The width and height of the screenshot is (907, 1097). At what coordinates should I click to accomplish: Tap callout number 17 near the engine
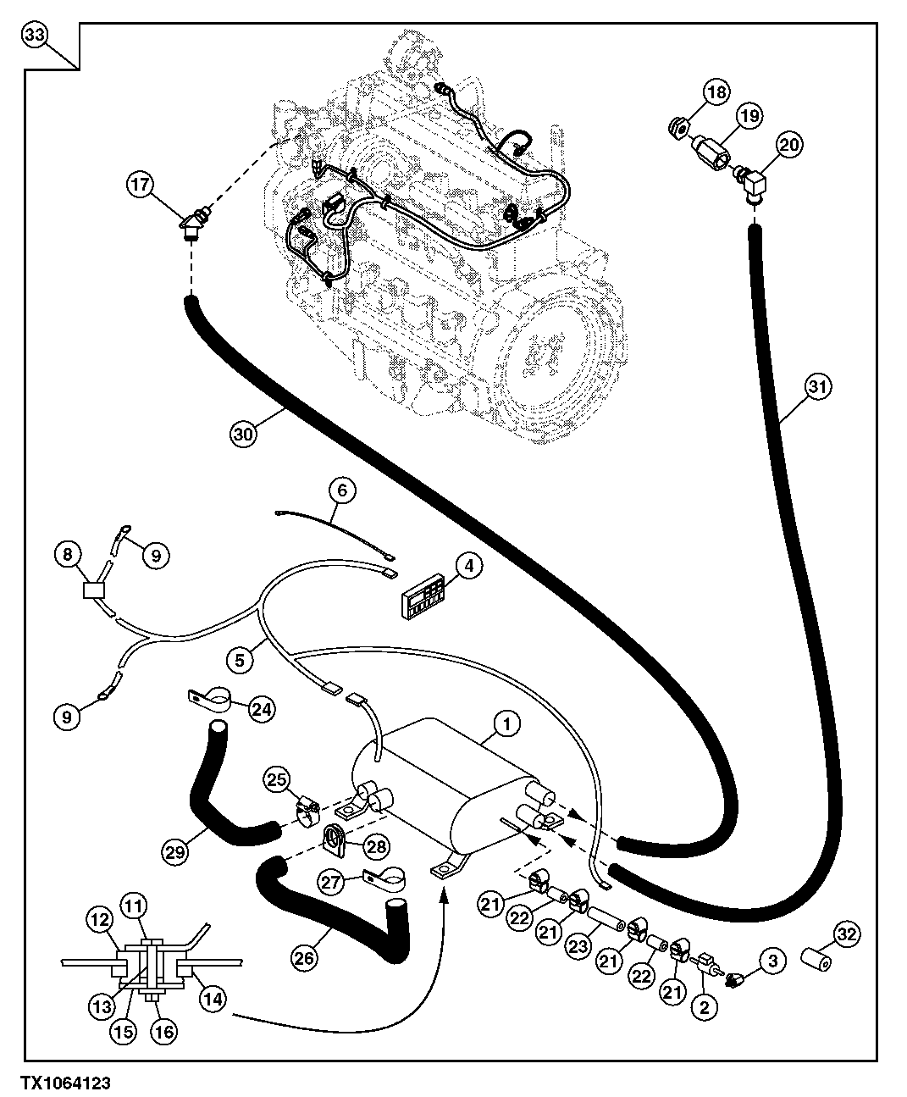tap(141, 183)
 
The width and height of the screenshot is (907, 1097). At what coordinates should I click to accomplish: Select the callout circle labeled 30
tap(243, 433)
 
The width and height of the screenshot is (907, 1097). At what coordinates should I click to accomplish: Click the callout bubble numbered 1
tap(506, 723)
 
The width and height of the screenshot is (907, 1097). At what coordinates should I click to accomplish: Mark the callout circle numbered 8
tap(68, 555)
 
